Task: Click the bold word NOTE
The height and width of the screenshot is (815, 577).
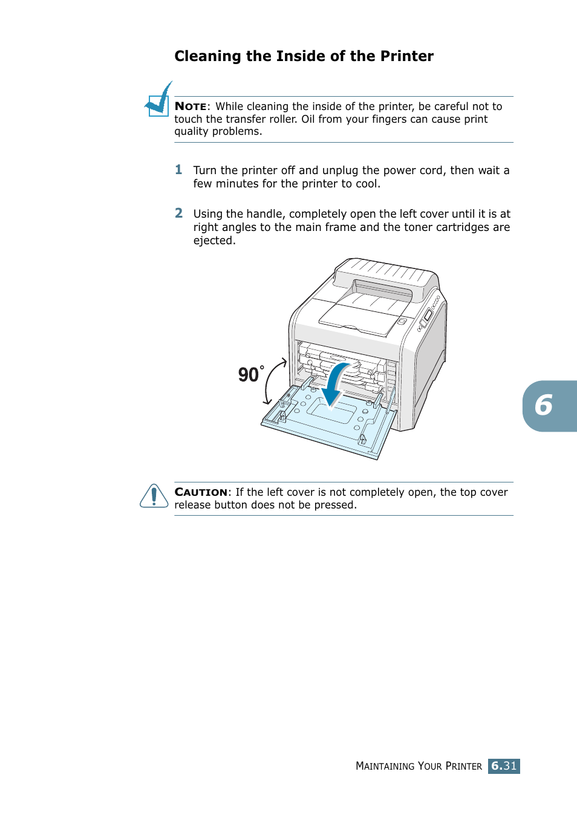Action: [x=191, y=106]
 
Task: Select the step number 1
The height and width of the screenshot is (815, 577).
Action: [x=178, y=170]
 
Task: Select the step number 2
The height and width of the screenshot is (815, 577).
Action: [x=178, y=213]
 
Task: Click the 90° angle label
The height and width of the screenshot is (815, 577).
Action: [x=250, y=375]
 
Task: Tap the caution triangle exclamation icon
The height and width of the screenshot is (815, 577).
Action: [x=154, y=496]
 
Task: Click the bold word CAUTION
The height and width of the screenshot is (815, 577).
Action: [x=201, y=492]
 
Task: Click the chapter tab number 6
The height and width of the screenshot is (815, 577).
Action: [x=544, y=406]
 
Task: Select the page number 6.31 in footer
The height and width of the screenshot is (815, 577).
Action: [x=504, y=766]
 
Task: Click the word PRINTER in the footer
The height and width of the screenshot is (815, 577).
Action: [x=463, y=766]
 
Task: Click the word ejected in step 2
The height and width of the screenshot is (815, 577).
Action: [x=213, y=241]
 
